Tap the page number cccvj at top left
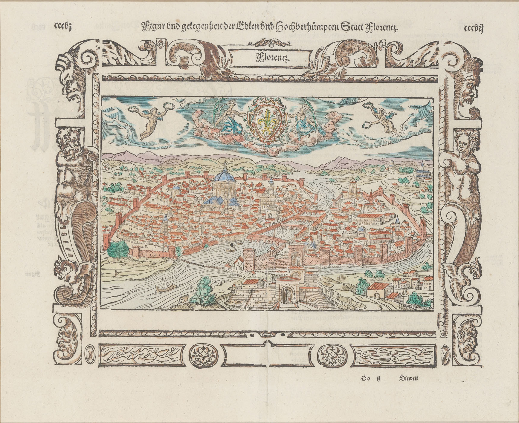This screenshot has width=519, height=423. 62,27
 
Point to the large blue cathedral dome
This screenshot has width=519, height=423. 224,176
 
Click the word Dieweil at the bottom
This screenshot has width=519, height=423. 409,379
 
